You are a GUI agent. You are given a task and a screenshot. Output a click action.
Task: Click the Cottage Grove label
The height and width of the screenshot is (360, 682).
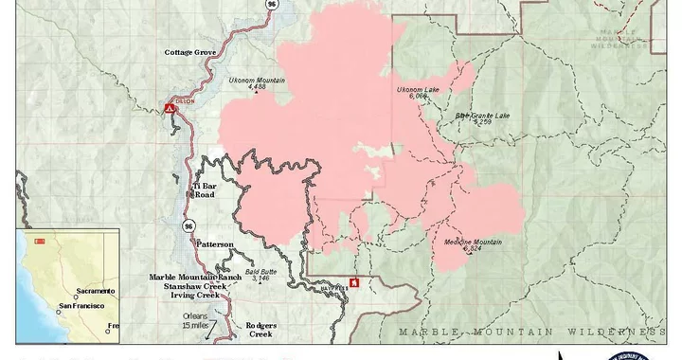[x=191, y=52]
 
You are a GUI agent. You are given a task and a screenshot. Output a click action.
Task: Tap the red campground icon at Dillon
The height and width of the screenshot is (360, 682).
[x=170, y=108]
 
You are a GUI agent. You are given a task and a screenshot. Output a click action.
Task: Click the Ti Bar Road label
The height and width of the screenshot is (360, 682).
[x=206, y=189]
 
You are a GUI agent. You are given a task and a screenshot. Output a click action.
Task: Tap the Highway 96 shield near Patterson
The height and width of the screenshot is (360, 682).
[x=189, y=226]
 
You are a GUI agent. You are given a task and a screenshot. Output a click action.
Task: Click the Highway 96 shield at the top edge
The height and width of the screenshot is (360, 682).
[x=272, y=4]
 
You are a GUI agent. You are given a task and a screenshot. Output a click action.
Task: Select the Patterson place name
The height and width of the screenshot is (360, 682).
[x=215, y=244]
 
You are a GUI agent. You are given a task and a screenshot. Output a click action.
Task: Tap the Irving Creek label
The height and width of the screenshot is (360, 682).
[x=194, y=296]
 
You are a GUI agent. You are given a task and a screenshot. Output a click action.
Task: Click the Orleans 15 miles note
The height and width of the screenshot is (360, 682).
[x=195, y=320]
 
